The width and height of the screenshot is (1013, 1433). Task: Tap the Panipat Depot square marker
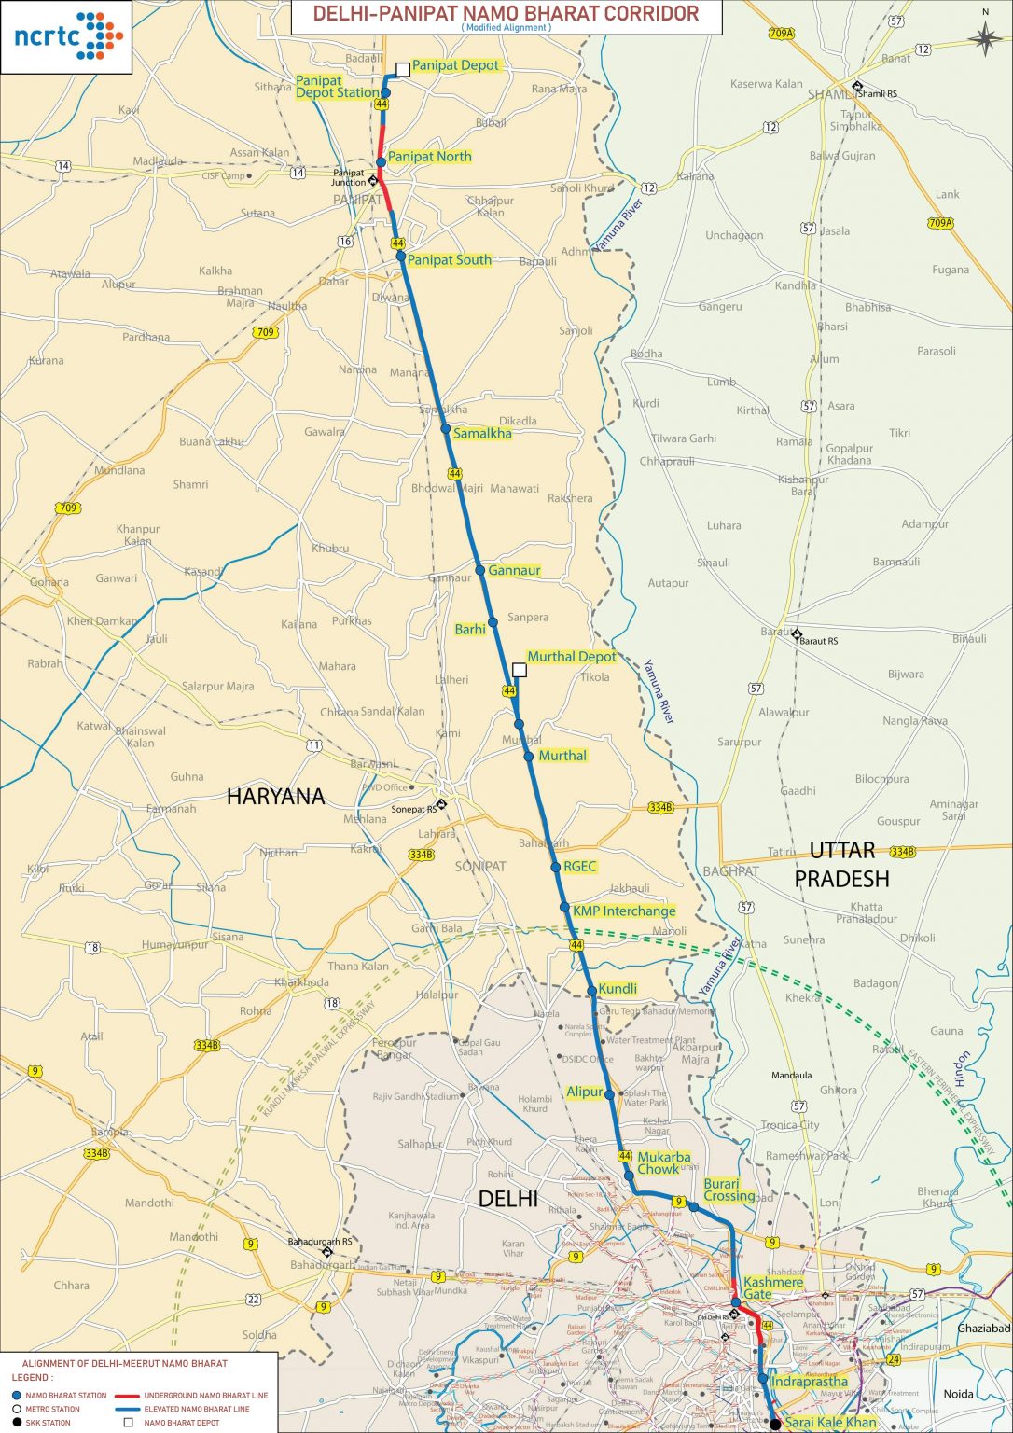403,69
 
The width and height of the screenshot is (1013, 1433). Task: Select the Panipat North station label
429,157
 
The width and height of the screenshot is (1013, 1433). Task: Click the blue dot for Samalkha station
446,429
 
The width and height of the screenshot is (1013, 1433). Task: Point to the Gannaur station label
514,570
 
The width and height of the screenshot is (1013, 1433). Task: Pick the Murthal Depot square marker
520,670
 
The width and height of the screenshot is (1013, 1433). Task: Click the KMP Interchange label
624,911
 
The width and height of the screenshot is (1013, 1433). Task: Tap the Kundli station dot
591,990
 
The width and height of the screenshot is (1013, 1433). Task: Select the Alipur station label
585,1092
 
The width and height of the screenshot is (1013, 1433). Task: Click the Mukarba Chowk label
663,1162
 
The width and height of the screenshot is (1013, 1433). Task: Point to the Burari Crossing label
729,1190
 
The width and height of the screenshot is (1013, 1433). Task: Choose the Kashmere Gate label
772,1287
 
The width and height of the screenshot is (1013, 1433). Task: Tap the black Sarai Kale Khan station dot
774,1424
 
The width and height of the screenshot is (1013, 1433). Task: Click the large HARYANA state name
276,797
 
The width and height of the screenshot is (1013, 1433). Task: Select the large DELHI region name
507,1199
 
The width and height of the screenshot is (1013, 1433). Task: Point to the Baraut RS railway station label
818,641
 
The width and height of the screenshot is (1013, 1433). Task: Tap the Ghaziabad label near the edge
983,1328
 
